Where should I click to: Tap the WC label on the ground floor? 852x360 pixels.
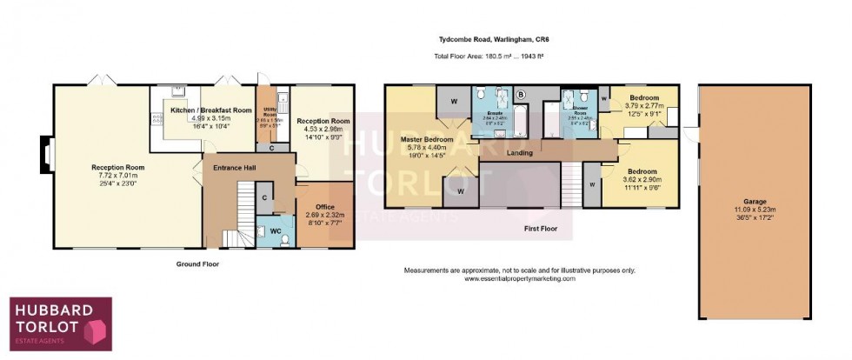[274, 230]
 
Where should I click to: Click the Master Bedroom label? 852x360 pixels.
[426, 139]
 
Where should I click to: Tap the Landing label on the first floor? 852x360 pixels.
[520, 153]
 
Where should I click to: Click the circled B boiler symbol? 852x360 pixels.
[522, 94]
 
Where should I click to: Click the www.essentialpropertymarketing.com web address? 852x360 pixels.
[520, 279]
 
